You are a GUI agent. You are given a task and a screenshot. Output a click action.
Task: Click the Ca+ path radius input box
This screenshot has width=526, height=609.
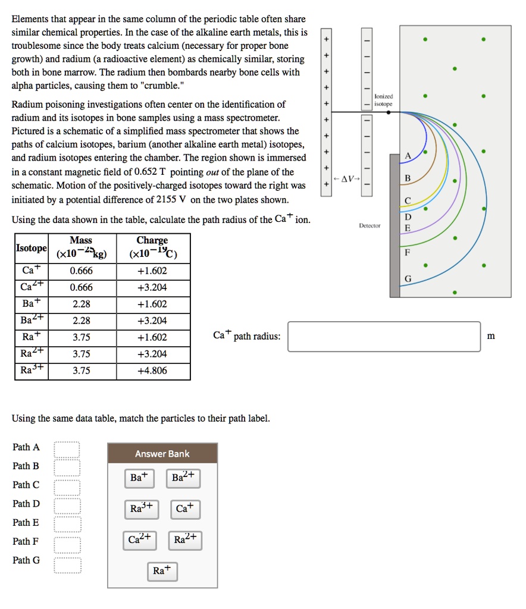pos(384,337)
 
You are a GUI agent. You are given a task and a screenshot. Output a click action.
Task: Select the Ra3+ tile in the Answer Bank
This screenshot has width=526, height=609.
pos(142,508)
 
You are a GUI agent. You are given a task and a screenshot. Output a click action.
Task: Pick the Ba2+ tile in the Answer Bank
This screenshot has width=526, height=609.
pos(183,478)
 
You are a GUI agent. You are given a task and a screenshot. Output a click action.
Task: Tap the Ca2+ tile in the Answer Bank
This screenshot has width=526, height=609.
pos(140,539)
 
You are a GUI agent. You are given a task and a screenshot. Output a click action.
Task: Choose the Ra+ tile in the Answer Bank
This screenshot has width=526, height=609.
pos(161,570)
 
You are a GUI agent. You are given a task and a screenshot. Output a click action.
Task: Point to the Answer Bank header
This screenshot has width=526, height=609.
pos(162,454)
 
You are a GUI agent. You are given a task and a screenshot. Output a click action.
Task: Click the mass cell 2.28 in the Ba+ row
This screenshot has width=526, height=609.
pos(82,304)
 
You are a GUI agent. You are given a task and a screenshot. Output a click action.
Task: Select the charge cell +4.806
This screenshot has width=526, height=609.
pos(152,371)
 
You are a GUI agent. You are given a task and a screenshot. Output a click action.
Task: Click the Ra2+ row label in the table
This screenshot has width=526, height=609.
pos(28,354)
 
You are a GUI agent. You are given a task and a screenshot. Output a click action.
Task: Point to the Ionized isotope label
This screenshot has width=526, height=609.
pos(384,100)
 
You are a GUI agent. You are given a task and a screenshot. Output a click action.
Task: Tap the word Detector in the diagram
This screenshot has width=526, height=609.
pos(370,226)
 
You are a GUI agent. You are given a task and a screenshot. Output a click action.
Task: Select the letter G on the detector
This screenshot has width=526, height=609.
pos(408,280)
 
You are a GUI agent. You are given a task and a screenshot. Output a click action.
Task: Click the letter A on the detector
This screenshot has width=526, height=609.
pos(408,156)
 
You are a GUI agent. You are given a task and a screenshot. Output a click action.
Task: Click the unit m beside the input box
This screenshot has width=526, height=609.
pos(490,337)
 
